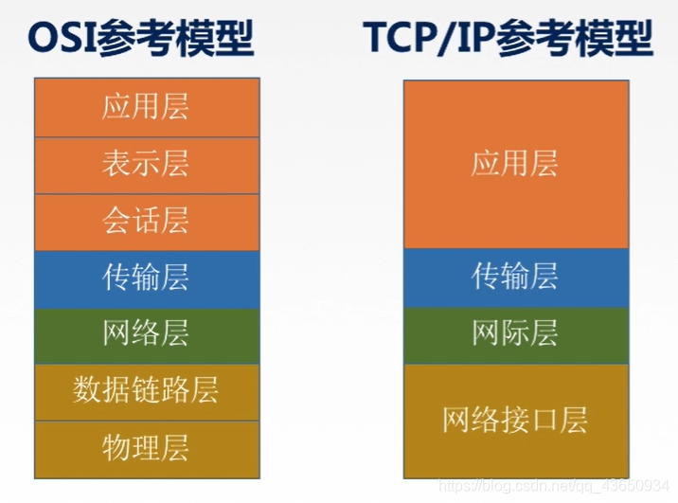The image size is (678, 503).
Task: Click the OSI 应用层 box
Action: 147,107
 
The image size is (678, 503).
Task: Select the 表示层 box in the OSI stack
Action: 147,165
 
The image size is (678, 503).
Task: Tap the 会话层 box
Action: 147,222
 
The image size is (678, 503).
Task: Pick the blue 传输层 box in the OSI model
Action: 147,278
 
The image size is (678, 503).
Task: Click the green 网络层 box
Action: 147,335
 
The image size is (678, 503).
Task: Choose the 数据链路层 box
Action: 147,391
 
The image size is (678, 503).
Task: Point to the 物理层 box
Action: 147,447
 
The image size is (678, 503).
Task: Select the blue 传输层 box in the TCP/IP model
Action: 515,278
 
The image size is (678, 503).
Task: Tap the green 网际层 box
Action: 515,335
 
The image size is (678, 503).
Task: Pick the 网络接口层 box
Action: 515,421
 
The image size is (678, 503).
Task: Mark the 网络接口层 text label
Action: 515,421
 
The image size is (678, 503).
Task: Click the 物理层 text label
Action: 147,447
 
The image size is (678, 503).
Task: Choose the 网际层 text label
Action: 515,335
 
